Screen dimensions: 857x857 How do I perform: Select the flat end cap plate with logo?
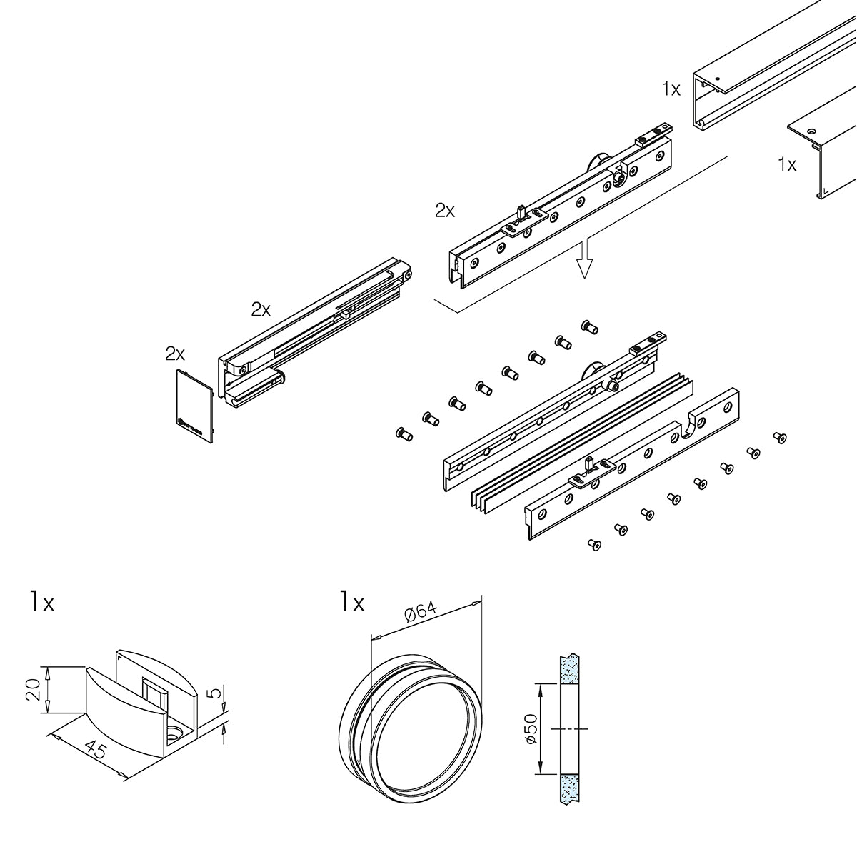(x=193, y=403)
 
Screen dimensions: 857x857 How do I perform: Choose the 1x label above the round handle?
(x=352, y=603)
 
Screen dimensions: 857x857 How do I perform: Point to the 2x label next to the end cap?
(x=175, y=353)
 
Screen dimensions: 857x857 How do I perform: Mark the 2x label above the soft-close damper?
(x=261, y=309)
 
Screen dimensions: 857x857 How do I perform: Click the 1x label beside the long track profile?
(x=671, y=89)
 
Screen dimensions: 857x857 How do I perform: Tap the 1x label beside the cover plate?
(x=787, y=164)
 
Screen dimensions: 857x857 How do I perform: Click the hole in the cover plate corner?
(x=811, y=131)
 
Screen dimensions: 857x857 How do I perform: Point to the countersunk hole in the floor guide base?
(x=174, y=733)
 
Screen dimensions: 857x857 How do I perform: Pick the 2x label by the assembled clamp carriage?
(x=445, y=210)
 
